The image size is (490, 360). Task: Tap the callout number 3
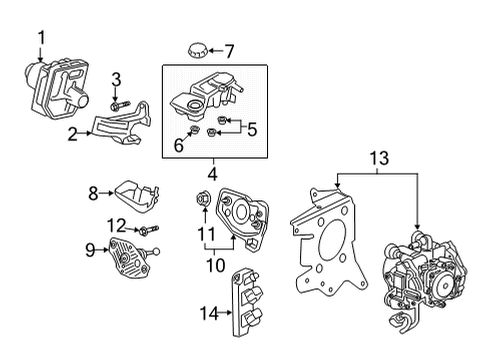point(116,78)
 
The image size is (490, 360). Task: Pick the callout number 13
point(376,158)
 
